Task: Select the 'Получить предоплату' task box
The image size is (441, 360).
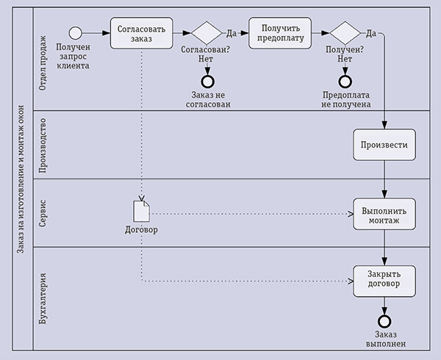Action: coord(280,33)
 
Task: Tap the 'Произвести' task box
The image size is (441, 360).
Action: coord(384,145)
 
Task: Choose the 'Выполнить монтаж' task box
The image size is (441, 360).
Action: coord(384,215)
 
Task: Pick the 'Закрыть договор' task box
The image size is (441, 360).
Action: coord(384,281)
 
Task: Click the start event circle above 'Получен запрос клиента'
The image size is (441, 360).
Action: coord(75,33)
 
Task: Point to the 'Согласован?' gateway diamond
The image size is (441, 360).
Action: coord(206,34)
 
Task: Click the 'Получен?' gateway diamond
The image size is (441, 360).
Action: coord(344,34)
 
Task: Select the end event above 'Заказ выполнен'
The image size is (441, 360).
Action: coord(384,320)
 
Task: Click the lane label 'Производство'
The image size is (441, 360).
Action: coord(43,145)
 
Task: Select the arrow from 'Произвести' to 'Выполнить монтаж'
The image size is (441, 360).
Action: coord(384,180)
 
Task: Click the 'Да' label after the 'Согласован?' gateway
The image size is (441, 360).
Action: coord(232,33)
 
